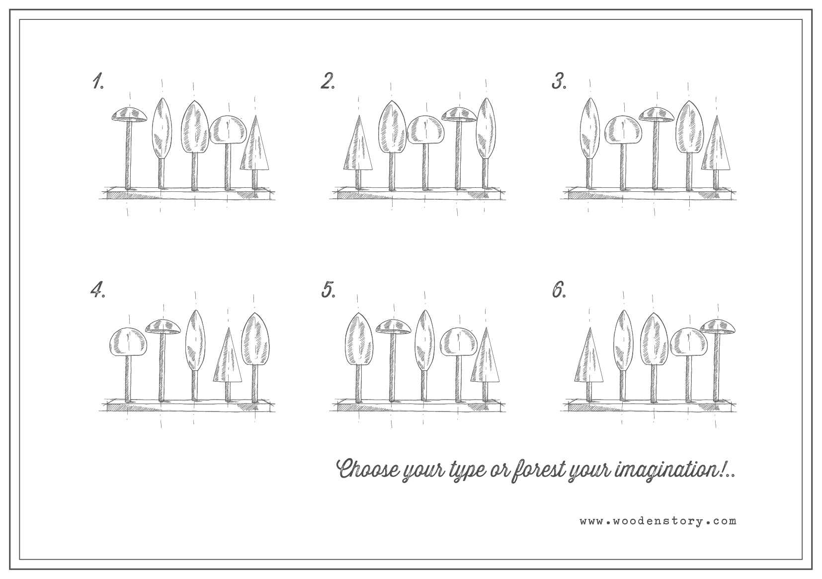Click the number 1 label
(x=97, y=81)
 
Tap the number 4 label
(x=97, y=290)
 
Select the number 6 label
(x=559, y=290)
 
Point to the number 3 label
(x=559, y=81)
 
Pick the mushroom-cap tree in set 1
(x=129, y=147)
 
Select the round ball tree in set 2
(x=425, y=151)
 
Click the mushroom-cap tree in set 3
(x=656, y=147)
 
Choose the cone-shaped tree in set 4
(x=228, y=363)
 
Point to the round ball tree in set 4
(x=128, y=363)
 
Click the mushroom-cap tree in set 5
(x=393, y=360)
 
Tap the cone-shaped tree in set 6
(x=589, y=363)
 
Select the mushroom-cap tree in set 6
(x=718, y=360)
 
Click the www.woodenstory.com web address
(x=658, y=521)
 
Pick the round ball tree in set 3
(x=623, y=151)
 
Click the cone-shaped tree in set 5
(x=486, y=363)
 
